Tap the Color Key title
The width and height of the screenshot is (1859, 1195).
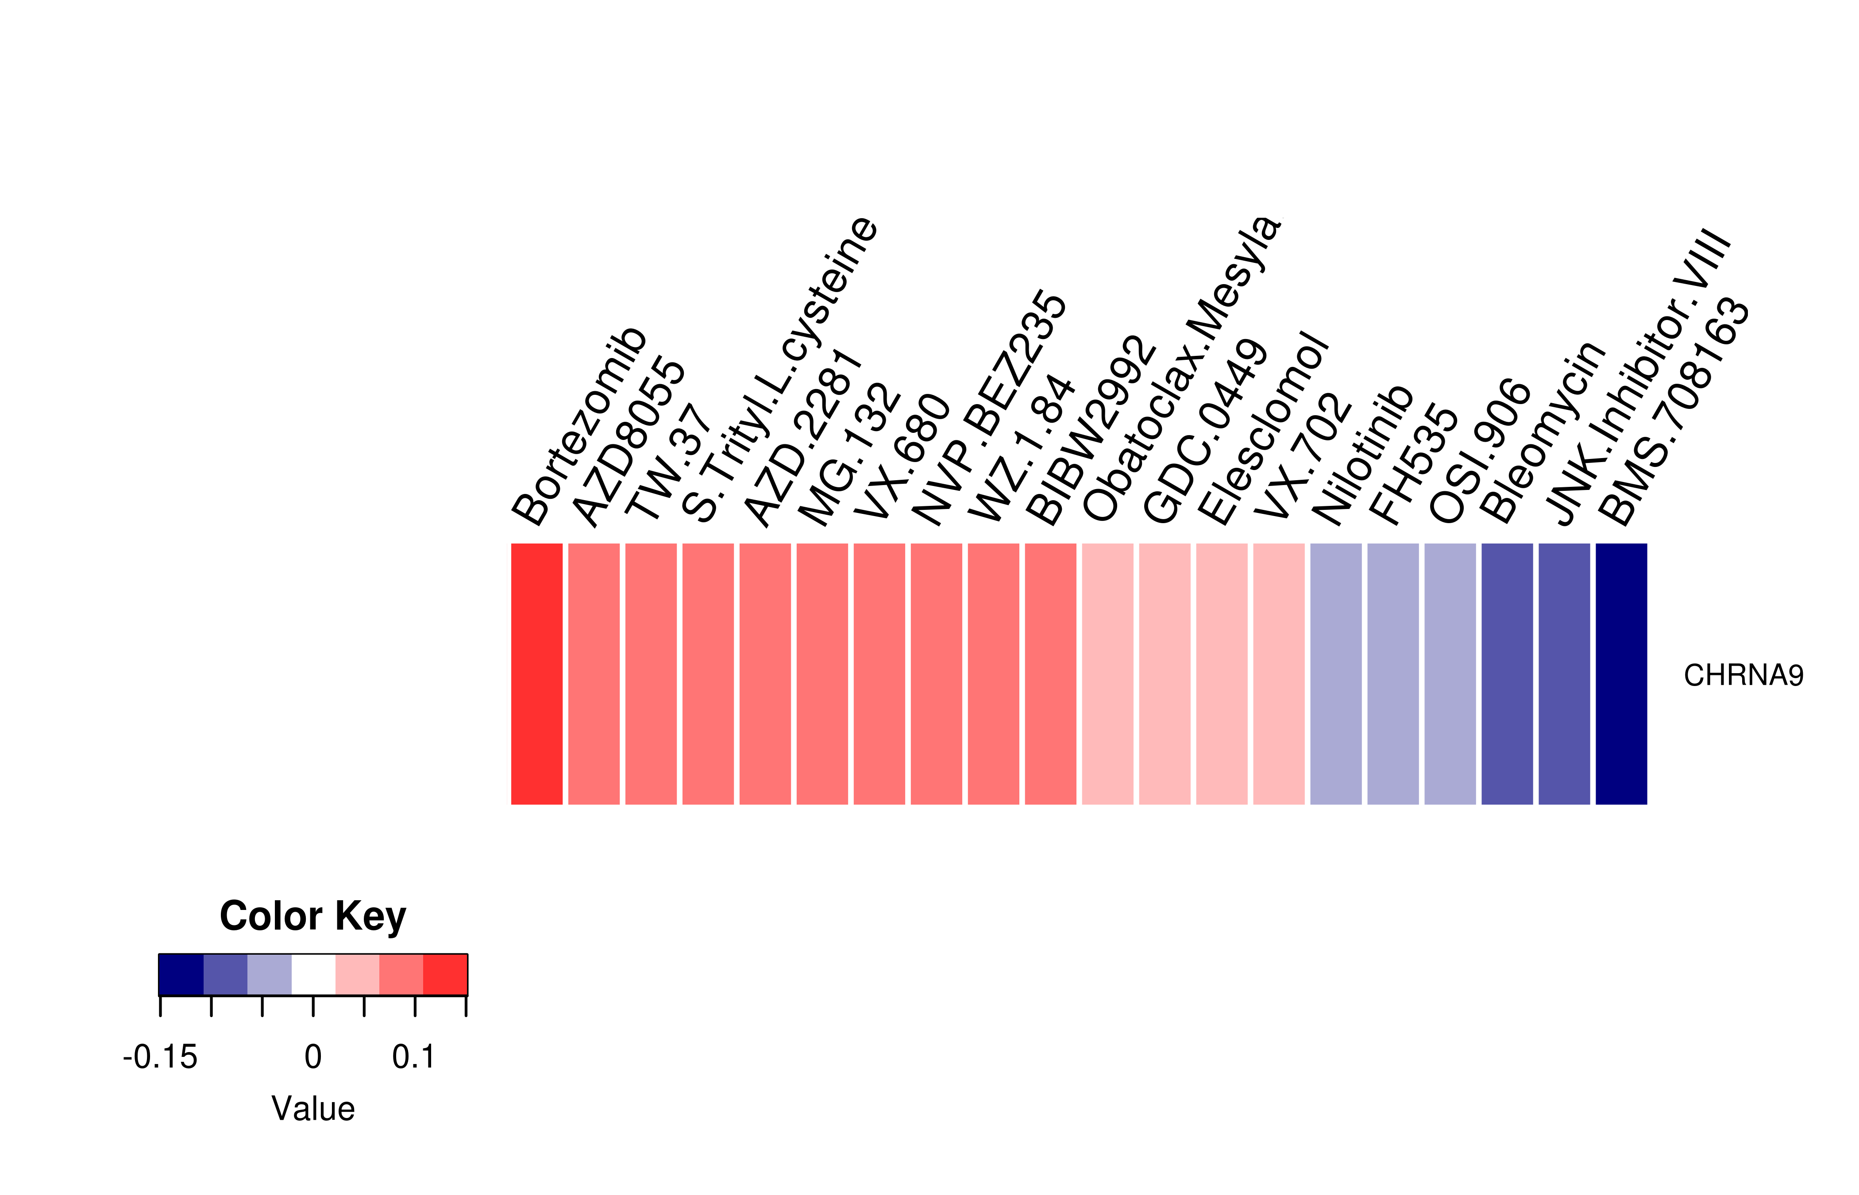(312, 917)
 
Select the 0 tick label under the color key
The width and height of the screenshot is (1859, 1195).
(312, 1057)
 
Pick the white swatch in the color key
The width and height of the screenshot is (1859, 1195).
(313, 975)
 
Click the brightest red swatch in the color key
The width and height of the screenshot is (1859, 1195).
(445, 975)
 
